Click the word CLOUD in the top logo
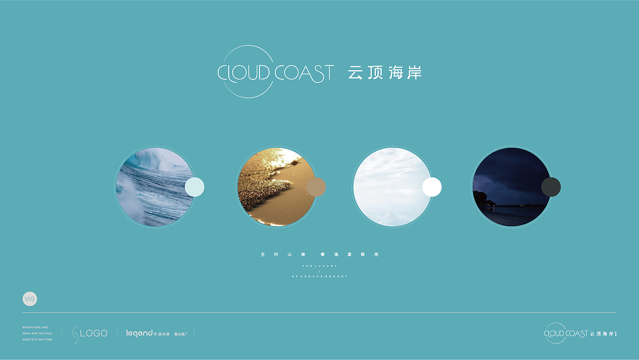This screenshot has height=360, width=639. tap(243, 73)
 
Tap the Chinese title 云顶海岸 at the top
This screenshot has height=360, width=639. tap(385, 73)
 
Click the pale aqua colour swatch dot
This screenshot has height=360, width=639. tap(195, 187)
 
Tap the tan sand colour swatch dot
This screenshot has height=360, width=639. tap(316, 187)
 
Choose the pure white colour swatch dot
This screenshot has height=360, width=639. tap(432, 187)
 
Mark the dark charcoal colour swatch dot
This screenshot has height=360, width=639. tap(551, 187)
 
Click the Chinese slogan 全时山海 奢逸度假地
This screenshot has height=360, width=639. tap(319, 255)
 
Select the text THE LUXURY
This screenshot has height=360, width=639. tap(319, 266)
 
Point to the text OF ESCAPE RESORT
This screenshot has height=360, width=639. tap(319, 276)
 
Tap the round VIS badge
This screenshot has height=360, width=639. tap(30, 299)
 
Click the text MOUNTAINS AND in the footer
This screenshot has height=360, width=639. tap(35, 328)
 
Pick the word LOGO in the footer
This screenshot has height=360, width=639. tap(94, 333)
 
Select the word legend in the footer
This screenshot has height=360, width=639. tap(139, 333)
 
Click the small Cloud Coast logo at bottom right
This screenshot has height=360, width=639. tap(580, 334)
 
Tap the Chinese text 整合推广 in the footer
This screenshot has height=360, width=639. tap(181, 334)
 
